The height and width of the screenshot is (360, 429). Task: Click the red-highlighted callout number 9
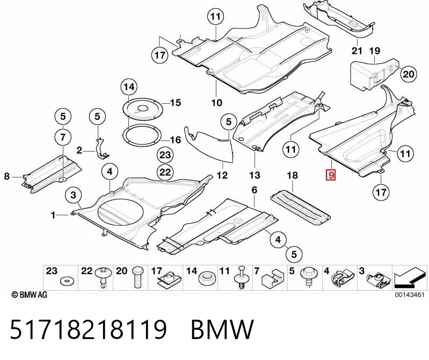coord(331,175)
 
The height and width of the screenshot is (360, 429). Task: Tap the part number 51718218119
coord(88,329)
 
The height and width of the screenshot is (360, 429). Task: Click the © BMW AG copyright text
coord(30,294)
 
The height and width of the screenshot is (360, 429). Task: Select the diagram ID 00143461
coord(409,295)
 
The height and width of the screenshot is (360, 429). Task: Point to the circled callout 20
coord(409,74)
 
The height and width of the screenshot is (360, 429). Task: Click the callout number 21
coord(357,51)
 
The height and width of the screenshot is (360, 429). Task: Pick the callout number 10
coord(216,103)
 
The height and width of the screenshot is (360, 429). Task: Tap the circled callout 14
coord(129,87)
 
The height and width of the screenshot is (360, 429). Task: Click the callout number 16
coord(176,140)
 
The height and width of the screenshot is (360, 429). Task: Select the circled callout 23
coord(165,155)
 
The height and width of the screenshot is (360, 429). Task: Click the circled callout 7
coord(63,137)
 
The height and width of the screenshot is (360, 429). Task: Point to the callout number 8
coord(7,177)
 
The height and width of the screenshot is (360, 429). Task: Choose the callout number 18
coord(292,176)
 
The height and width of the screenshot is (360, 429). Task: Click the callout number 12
coord(222,176)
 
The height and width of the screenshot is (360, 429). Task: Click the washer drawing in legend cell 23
coord(65,280)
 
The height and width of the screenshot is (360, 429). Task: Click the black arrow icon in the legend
coord(410,278)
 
